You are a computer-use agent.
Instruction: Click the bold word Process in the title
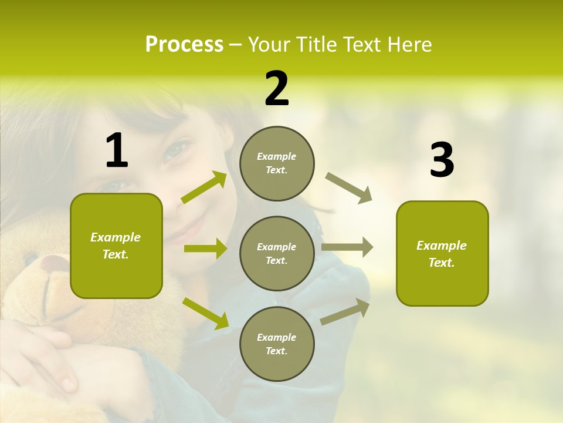click(184, 45)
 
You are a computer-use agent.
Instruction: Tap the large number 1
click(117, 151)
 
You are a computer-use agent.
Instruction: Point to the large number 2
click(277, 89)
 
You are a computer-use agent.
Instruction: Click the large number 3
click(442, 160)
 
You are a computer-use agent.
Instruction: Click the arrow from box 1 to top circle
click(204, 188)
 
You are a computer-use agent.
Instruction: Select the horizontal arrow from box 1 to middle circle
click(205, 249)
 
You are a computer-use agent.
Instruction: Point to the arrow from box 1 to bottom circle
click(205, 313)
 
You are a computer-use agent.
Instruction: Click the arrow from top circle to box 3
click(349, 188)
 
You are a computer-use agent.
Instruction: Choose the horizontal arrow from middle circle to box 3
click(347, 247)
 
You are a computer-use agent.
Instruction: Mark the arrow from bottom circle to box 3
click(345, 311)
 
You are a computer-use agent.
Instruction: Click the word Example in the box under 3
click(442, 246)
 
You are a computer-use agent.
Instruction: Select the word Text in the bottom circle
click(276, 351)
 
